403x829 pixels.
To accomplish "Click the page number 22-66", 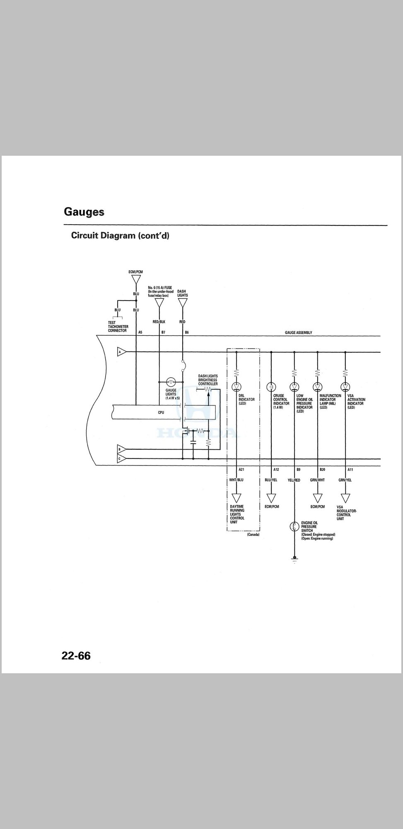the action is [x=76, y=656].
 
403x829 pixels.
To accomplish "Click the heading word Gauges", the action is [x=84, y=212].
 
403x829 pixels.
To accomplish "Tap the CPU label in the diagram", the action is [x=161, y=412].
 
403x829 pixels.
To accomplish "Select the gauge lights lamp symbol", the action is [x=171, y=382].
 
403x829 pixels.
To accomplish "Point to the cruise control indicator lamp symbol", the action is [x=271, y=387].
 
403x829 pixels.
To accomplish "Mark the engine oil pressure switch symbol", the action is [x=294, y=527].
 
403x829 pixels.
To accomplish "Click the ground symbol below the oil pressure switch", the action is [x=294, y=560].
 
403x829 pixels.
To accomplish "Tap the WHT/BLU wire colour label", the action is [x=236, y=480].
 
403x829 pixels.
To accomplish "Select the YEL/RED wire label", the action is [x=294, y=480].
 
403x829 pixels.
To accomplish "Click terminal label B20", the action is [x=322, y=470].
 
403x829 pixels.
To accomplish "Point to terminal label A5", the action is [x=140, y=332].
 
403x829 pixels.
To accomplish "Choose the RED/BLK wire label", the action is [x=159, y=322].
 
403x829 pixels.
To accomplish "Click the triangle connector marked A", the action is [x=121, y=352].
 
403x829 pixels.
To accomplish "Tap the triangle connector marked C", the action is [x=121, y=459].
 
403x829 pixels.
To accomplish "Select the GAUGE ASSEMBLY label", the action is [x=299, y=332].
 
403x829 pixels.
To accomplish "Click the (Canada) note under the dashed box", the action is [x=253, y=535].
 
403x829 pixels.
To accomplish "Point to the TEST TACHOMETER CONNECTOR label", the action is [x=118, y=327].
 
